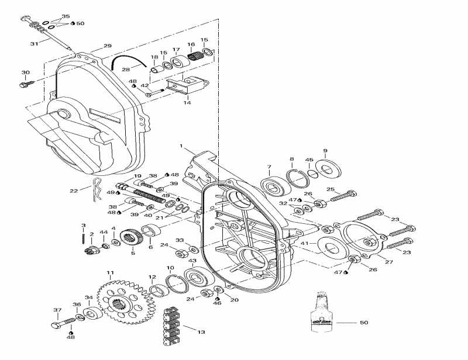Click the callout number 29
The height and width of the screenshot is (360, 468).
pos(107,46)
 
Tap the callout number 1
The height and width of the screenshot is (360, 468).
pos(181,145)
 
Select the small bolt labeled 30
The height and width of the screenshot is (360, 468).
pos(26,85)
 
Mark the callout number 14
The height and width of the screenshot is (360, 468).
pos(187,102)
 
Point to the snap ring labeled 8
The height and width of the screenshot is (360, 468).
pos(297,176)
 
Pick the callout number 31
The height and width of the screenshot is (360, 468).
pos(34,43)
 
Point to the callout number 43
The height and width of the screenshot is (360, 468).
pos(191,261)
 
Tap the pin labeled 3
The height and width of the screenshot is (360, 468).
pos(84,237)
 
